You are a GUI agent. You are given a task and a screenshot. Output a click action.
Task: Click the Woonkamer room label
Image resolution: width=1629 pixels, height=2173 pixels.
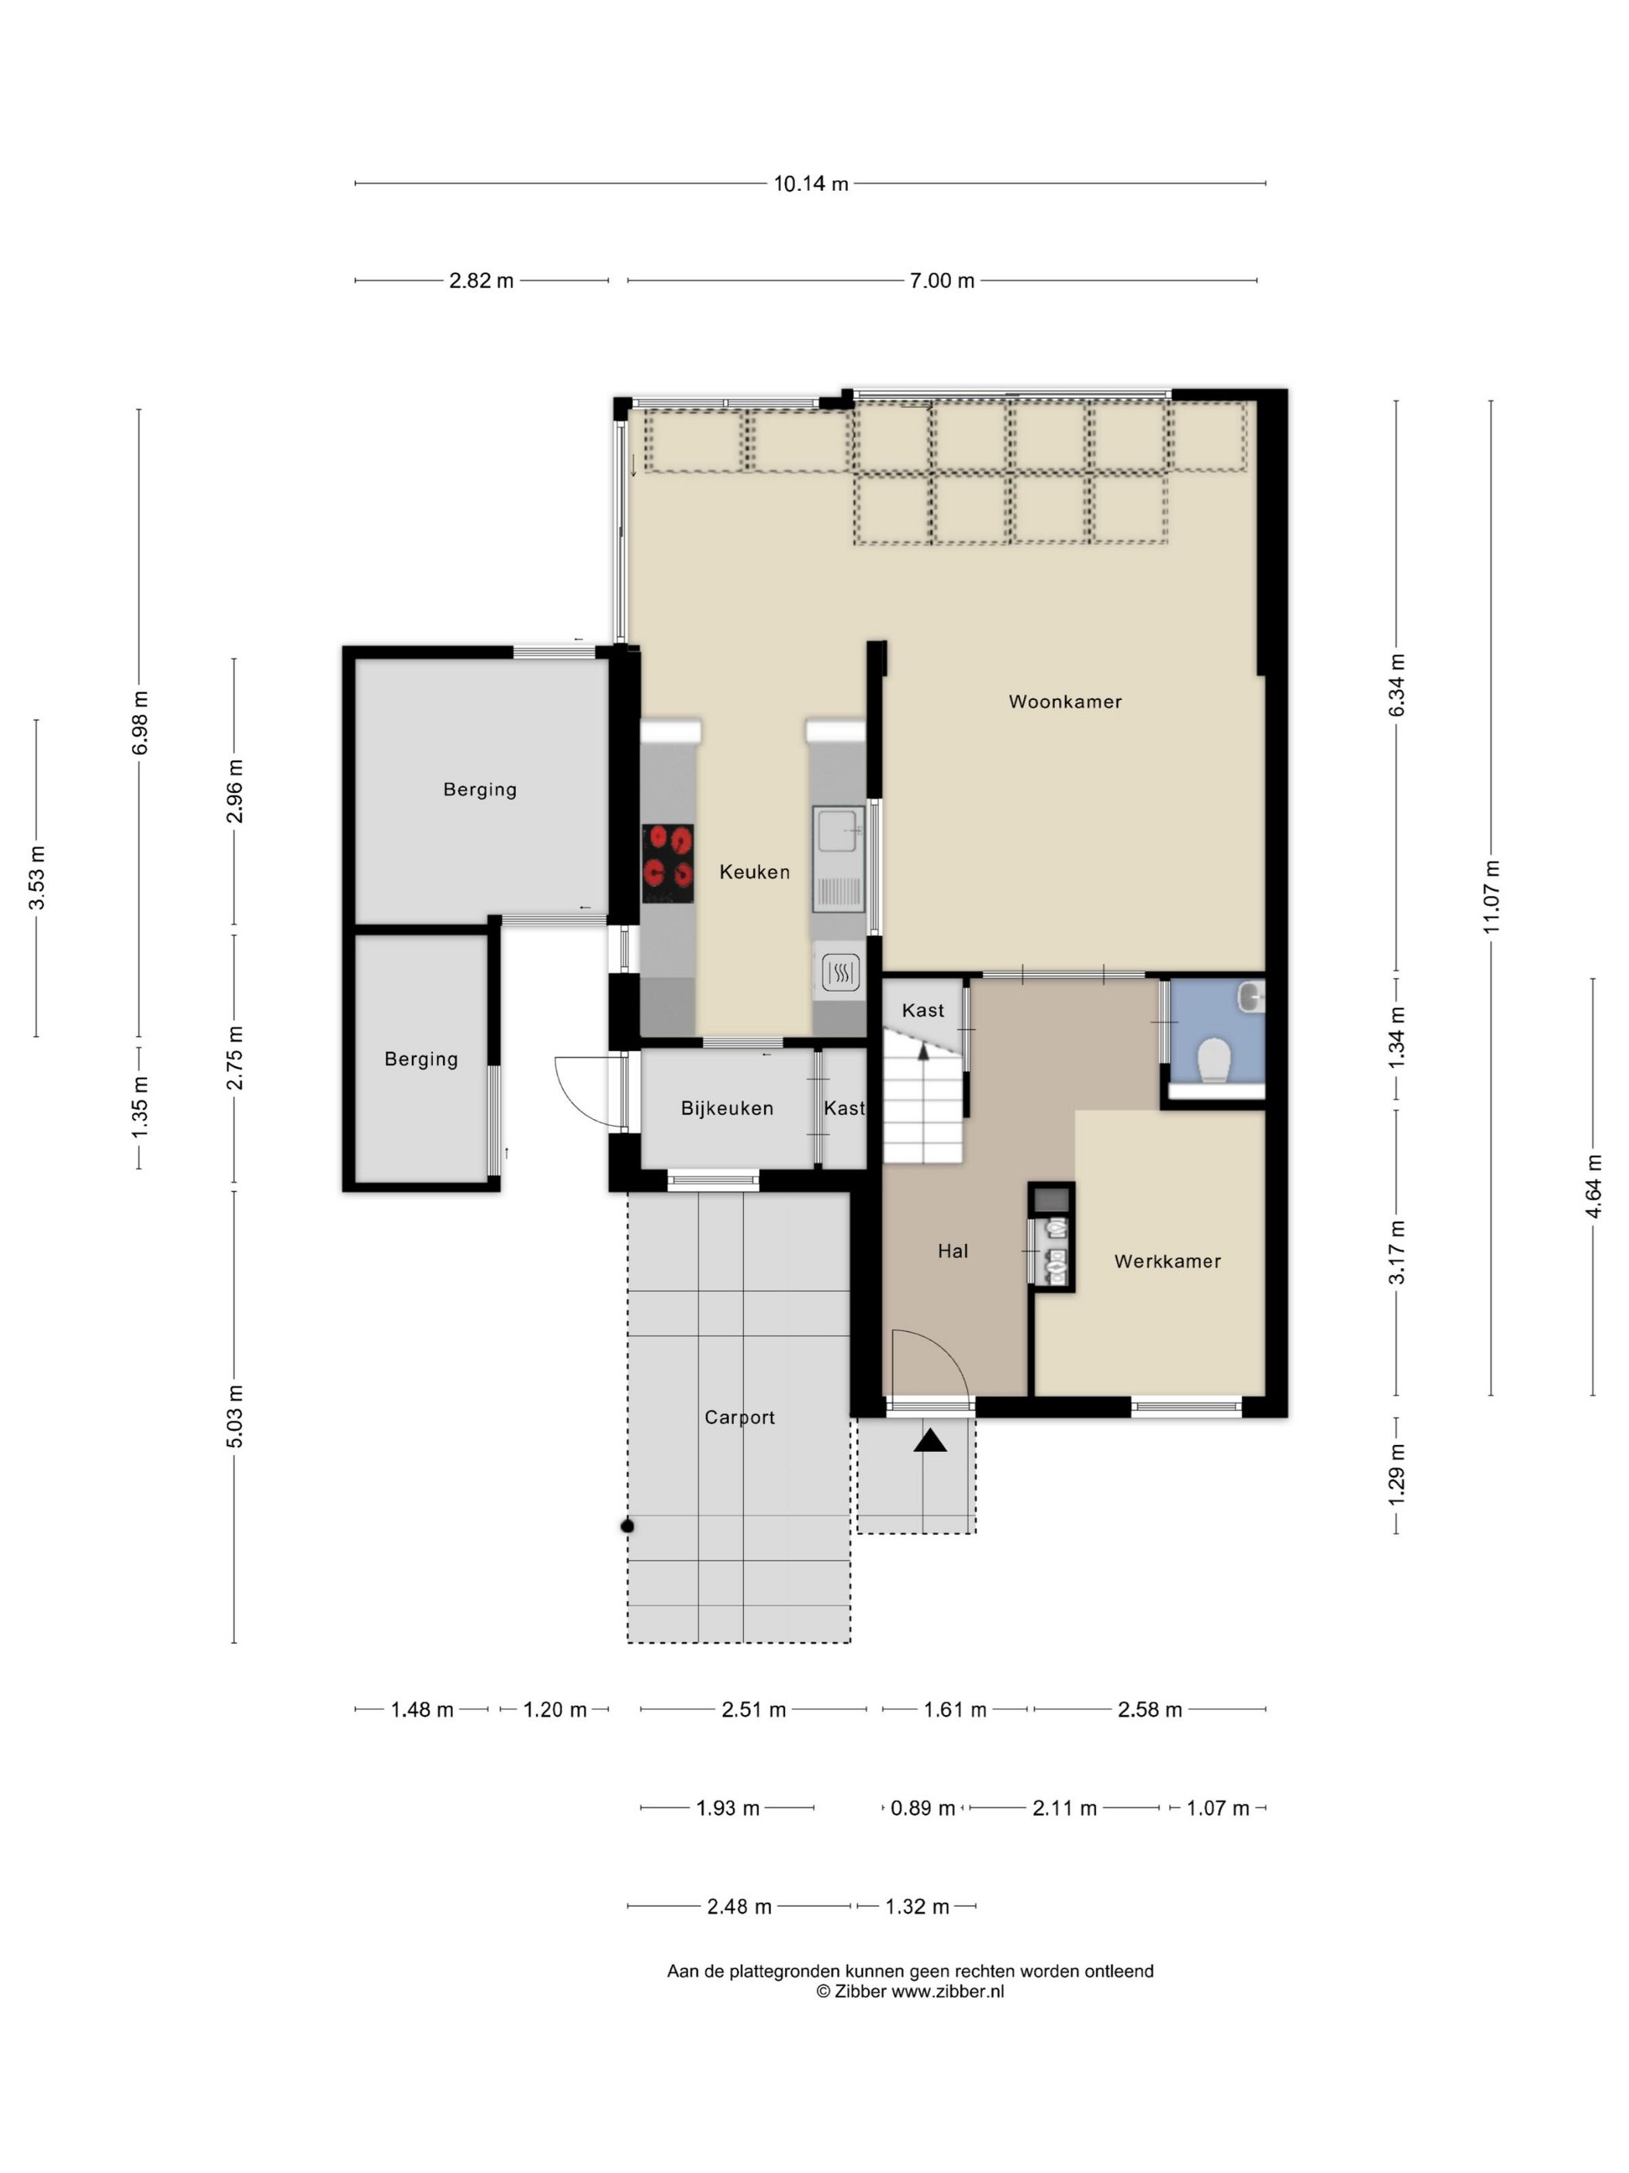pos(1064,702)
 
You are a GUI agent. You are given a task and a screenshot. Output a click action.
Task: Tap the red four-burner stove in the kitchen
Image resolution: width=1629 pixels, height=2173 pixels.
pos(668,864)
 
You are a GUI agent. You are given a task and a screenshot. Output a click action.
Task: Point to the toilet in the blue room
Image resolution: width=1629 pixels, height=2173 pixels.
pos(1215,1060)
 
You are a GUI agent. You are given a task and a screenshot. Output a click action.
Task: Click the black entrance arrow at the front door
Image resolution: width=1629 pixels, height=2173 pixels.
pos(930,1440)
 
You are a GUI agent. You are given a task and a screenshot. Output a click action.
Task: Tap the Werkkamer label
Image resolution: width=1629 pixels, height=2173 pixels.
pos(1167,1261)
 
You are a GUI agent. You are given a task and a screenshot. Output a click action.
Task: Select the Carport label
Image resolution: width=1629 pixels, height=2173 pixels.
pos(739,1418)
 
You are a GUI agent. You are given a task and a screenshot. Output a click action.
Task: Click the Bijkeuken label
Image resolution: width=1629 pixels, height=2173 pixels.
pos(728,1108)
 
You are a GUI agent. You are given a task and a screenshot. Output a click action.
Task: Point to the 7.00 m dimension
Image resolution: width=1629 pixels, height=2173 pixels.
pos(942,281)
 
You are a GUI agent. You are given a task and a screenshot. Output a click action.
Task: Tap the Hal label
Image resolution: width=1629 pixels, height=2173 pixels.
pos(953,1250)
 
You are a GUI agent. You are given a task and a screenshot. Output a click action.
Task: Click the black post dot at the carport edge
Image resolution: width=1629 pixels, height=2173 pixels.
pos(628,1526)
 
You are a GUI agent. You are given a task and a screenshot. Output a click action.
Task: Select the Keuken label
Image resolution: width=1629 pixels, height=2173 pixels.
pos(754,872)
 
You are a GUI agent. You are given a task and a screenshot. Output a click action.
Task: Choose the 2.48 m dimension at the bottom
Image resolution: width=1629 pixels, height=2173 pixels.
pos(739,1907)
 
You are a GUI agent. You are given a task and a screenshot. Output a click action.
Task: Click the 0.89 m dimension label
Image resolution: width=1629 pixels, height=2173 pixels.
pos(923,1807)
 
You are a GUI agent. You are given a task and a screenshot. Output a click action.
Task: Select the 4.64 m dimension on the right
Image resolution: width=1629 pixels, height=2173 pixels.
pos(1593,1187)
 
